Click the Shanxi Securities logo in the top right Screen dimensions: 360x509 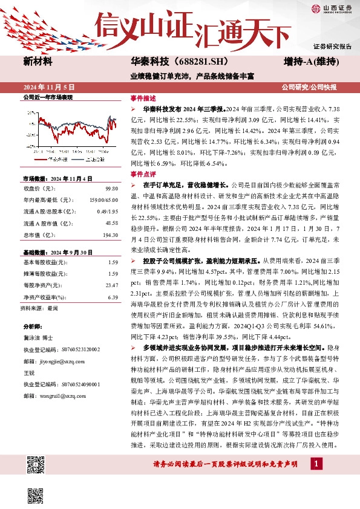coord(332,8)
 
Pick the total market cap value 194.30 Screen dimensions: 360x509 coord(110,234)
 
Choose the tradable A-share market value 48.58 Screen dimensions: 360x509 coord(111,223)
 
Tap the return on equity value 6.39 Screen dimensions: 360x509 coord(113,297)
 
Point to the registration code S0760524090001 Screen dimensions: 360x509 coord(79,384)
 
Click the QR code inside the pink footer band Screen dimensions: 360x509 coord(37,464)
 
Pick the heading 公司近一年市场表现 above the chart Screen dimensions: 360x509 coord(48,97)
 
